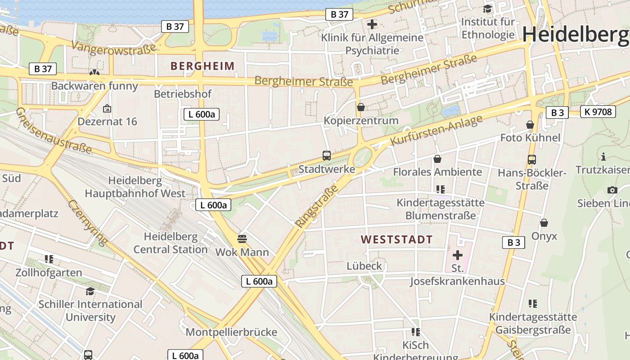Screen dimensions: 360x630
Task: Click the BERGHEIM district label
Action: (x=202, y=66)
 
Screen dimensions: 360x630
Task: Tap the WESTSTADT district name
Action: (x=396, y=239)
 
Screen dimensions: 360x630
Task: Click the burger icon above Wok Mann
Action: (x=242, y=238)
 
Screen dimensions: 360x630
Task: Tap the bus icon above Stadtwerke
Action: (x=327, y=156)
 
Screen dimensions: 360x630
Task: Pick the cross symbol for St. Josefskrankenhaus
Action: (x=457, y=255)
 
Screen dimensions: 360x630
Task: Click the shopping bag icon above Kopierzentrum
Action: (x=360, y=107)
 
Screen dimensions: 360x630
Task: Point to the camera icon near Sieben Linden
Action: (x=612, y=190)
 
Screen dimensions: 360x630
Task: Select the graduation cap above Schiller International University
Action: (x=90, y=291)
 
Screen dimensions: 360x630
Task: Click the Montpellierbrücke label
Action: (x=231, y=332)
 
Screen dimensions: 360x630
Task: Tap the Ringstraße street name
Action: (x=316, y=206)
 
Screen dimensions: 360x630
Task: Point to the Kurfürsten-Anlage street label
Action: (x=436, y=130)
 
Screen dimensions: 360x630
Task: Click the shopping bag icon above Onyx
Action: (x=544, y=223)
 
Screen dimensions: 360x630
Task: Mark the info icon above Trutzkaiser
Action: (x=603, y=157)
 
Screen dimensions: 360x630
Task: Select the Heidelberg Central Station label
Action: (x=171, y=243)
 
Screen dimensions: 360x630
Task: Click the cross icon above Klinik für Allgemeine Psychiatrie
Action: (x=372, y=24)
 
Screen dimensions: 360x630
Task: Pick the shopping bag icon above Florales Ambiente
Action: (x=437, y=158)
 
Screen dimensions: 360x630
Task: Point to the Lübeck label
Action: (x=364, y=266)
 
